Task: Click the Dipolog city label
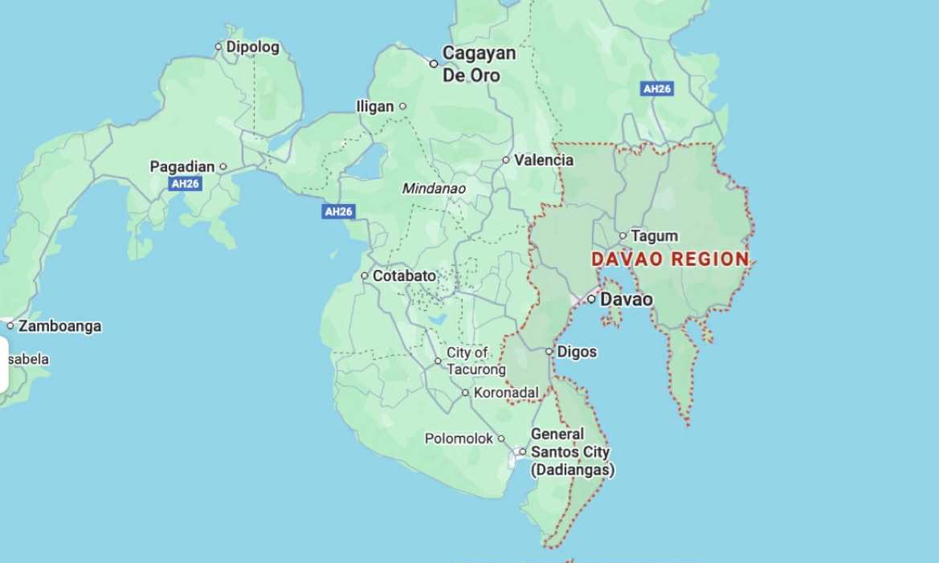pos(252,47)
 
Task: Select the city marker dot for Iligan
pos(403,106)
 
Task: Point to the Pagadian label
pos(182,167)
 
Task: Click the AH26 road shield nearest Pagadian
pos(186,184)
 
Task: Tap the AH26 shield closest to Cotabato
pos(338,212)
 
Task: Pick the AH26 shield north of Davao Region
pos(657,89)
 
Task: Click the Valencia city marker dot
pos(506,160)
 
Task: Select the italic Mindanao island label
pos(434,189)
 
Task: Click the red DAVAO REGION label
pos(670,259)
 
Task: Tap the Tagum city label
pos(654,236)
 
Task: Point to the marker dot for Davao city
pos(591,299)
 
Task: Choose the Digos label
pos(577,352)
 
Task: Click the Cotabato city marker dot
pos(365,275)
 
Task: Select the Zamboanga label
pos(59,326)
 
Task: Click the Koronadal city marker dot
pos(465,393)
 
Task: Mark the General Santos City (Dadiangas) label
pos(570,452)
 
